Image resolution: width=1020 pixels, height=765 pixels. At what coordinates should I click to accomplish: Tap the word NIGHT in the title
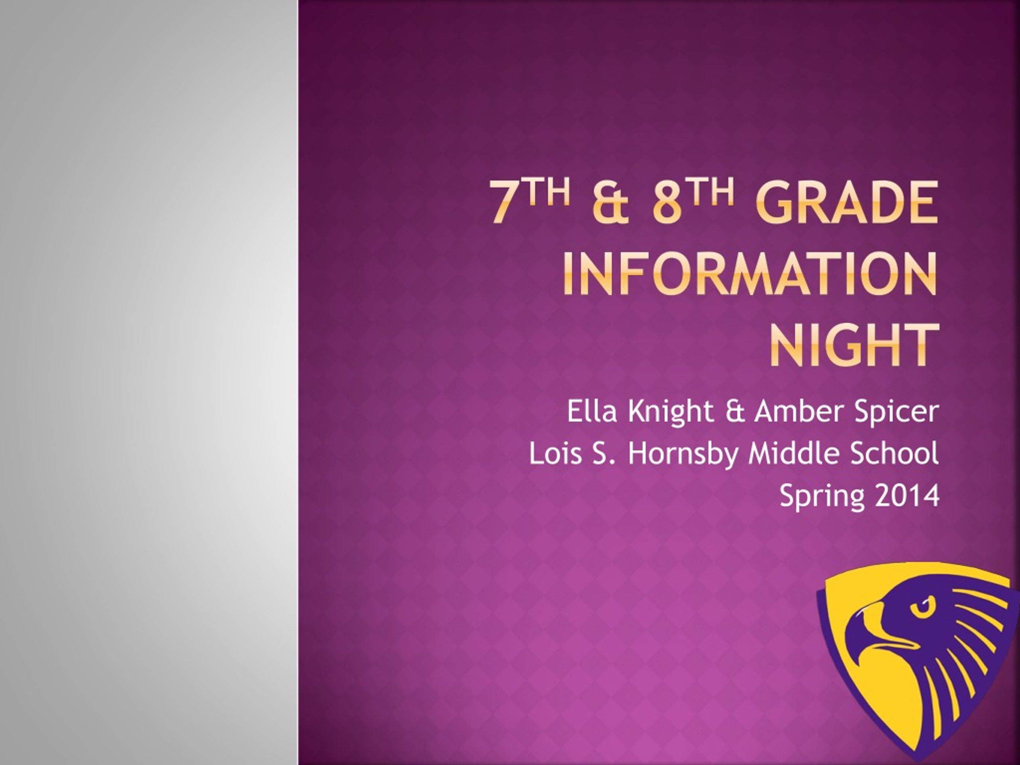[x=853, y=345]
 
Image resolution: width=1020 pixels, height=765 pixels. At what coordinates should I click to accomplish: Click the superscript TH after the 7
[x=546, y=191]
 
